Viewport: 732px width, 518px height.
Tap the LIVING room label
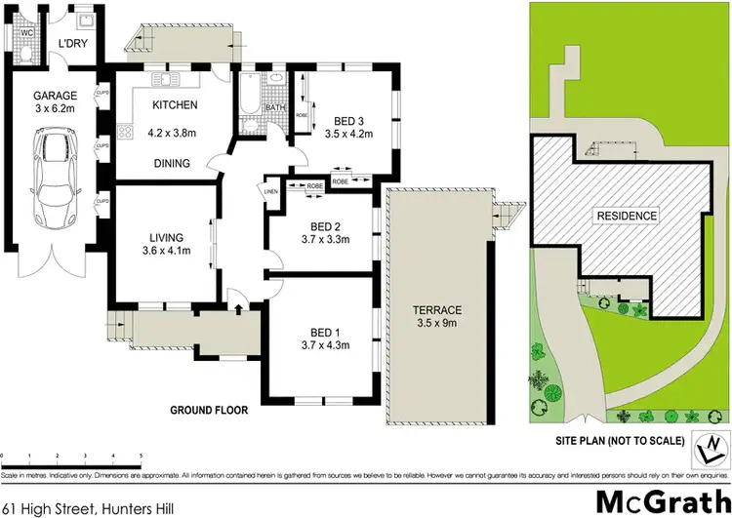pos(166,237)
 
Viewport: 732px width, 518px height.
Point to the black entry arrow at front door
pos(238,309)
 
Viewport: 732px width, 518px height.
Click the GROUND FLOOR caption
pos(209,411)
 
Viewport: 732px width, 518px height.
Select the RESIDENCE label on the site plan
pos(627,216)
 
